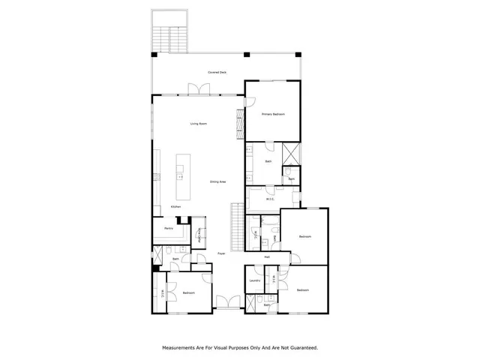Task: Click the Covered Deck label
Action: [217, 73]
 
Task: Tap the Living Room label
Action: [198, 124]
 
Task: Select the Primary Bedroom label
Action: [272, 115]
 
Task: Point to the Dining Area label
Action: [217, 182]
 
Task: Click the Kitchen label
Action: [175, 206]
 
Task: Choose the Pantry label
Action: [169, 229]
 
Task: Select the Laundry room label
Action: [254, 281]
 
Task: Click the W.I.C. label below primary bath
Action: [271, 199]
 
